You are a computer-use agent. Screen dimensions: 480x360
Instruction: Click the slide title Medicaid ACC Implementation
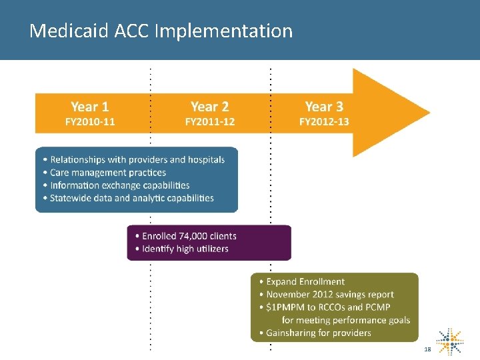tap(161, 31)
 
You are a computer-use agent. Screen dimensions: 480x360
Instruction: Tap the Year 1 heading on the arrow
tap(89, 107)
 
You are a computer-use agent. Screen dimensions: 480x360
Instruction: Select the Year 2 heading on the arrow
tap(209, 107)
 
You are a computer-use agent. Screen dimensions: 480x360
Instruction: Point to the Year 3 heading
tap(324, 107)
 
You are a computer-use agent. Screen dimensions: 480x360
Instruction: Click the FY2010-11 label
tap(89, 122)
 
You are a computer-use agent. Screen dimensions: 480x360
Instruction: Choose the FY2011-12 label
tap(209, 122)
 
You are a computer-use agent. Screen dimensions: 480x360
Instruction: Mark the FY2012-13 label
tap(324, 122)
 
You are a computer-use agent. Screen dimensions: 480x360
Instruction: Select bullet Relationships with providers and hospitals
tap(137, 160)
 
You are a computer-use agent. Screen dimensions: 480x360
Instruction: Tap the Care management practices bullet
tap(108, 173)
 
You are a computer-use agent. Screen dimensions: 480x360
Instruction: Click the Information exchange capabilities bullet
tap(120, 185)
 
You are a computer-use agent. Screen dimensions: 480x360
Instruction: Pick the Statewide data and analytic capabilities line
tap(132, 198)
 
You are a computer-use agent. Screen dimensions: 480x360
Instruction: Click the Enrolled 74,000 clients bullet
tap(189, 236)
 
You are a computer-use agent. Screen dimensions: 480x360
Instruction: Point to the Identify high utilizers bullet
tap(185, 249)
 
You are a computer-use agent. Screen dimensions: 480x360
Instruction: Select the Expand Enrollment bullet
tap(305, 282)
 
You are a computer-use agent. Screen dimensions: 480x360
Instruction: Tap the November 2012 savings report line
tap(329, 295)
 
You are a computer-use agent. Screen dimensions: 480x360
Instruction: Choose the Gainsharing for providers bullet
tap(318, 333)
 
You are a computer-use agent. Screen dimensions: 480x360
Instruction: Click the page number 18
tap(427, 350)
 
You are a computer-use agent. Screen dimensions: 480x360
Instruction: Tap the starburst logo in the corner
tap(451, 341)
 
